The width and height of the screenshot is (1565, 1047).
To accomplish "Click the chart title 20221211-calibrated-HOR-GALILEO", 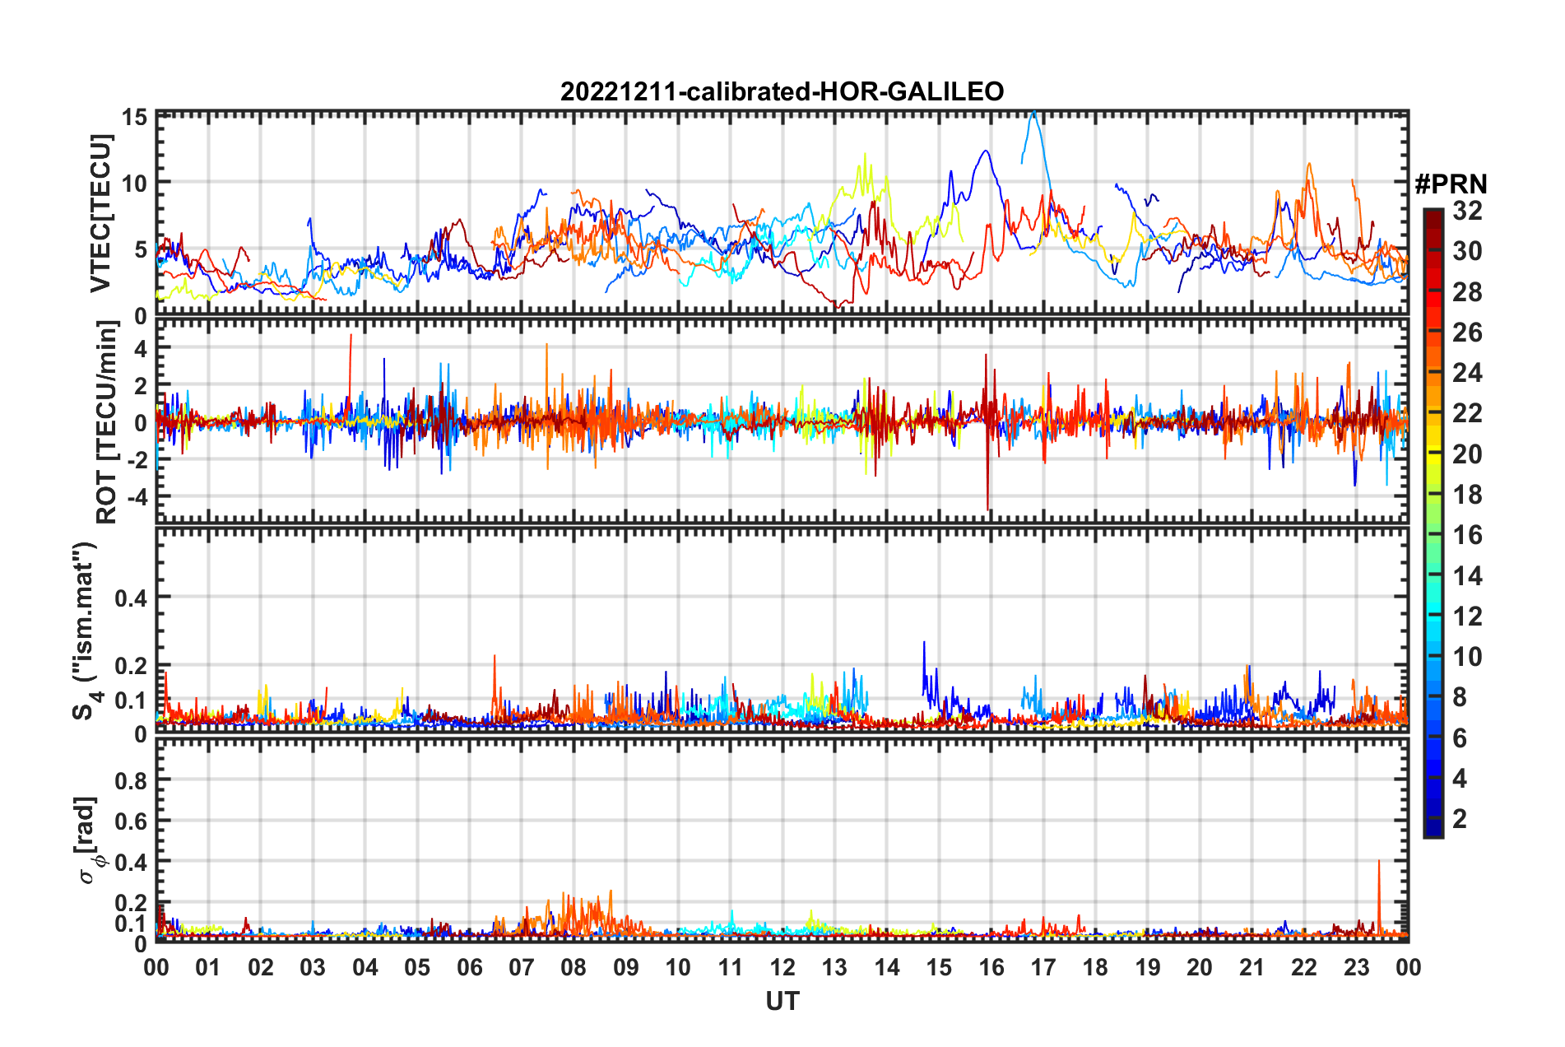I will tap(782, 91).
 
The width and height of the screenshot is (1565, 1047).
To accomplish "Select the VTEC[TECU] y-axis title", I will tap(100, 213).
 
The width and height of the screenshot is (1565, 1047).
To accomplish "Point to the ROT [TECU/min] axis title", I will tap(106, 422).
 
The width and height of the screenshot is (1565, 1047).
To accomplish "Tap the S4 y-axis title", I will tap(86, 631).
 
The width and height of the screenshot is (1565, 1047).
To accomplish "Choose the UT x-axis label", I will tap(782, 1001).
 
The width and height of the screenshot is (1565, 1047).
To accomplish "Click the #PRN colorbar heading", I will tap(1451, 184).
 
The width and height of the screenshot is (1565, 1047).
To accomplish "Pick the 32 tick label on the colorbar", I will tap(1467, 211).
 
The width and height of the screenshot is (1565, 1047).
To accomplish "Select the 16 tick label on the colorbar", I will tap(1467, 535).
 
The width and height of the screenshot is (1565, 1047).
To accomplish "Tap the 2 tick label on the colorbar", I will tap(1460, 818).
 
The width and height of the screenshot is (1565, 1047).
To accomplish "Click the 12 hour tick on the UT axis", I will tap(782, 967).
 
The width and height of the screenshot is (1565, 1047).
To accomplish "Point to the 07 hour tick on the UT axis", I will tap(522, 967).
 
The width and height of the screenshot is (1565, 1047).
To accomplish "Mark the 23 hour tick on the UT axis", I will tap(1356, 967).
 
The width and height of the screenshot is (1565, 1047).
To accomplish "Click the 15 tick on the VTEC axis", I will tap(135, 117).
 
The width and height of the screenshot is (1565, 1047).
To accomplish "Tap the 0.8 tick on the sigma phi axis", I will tap(131, 780).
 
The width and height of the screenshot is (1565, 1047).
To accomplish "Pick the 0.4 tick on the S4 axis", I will tap(131, 598).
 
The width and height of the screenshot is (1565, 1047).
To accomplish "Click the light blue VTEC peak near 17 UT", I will tap(1034, 113).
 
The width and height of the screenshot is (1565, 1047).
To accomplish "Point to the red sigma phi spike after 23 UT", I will tap(1378, 862).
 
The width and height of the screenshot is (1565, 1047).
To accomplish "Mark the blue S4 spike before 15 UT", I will tap(924, 644).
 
